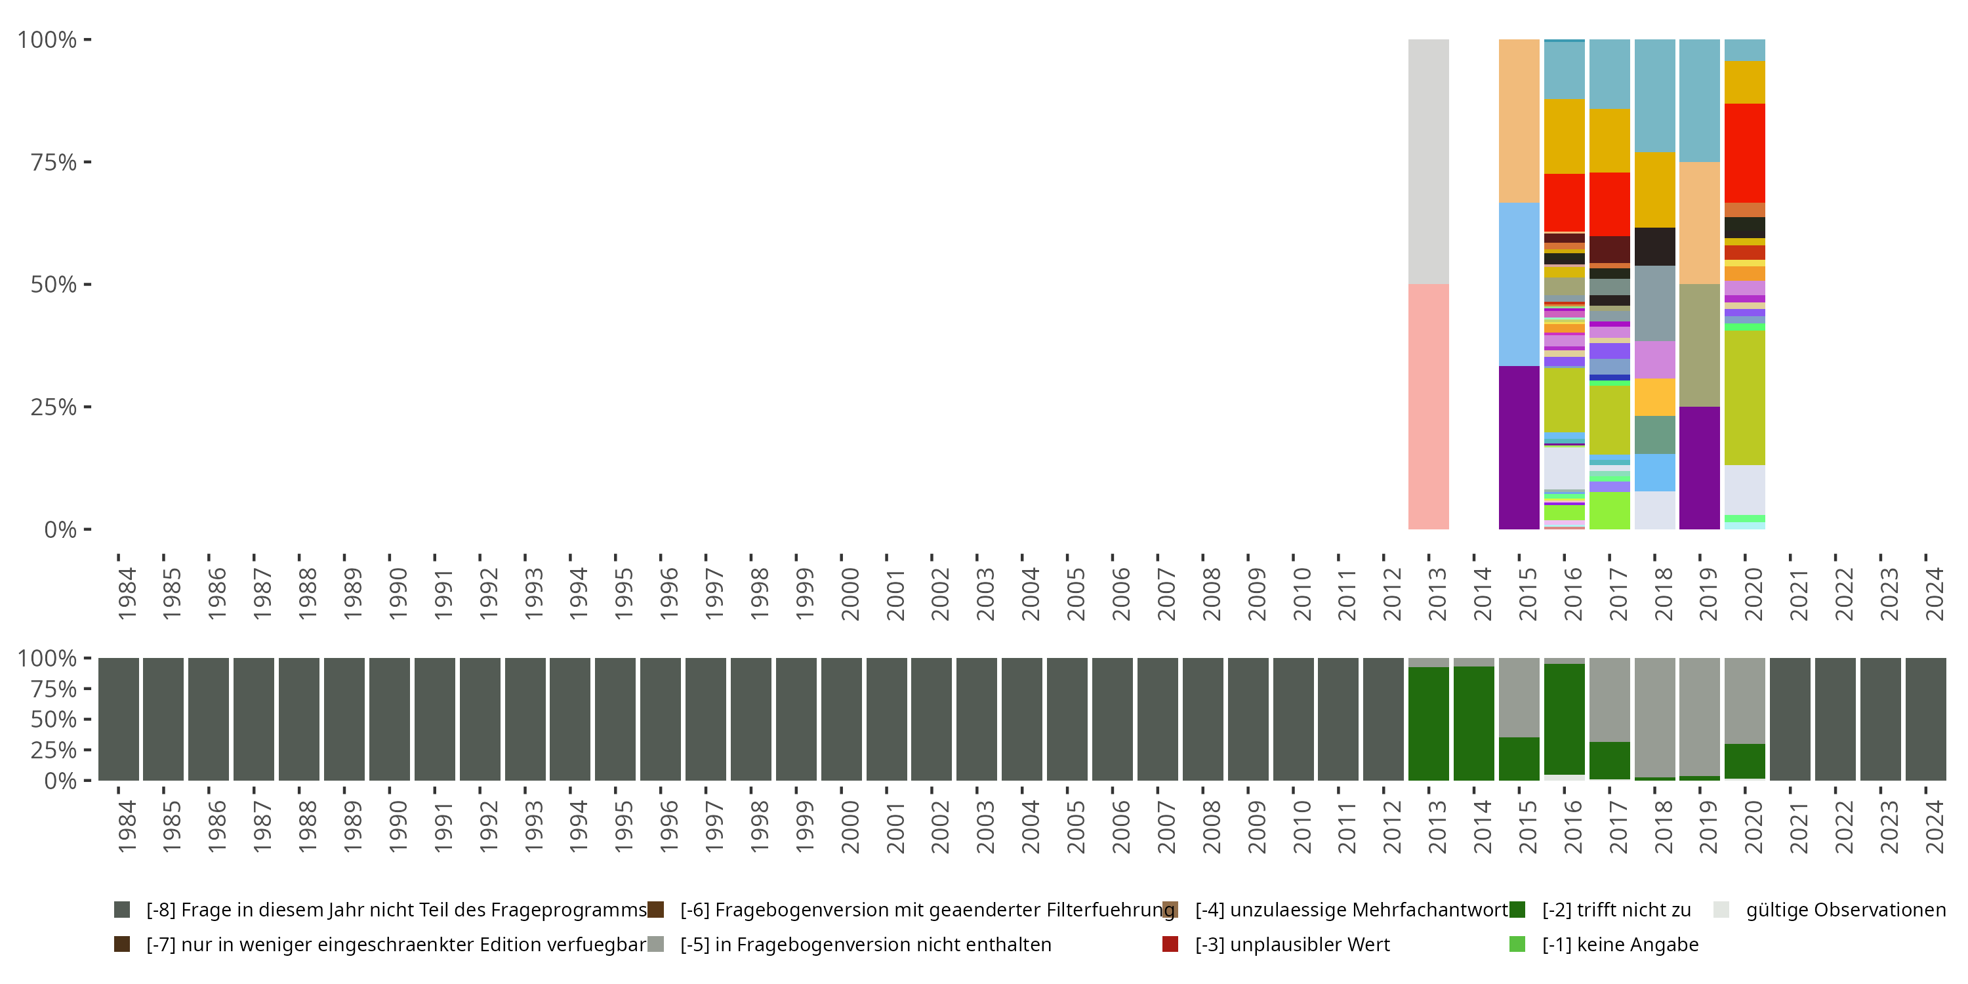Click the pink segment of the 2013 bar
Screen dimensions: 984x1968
click(x=1428, y=407)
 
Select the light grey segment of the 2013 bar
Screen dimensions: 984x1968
click(x=1428, y=161)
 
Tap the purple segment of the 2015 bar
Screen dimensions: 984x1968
click(x=1519, y=447)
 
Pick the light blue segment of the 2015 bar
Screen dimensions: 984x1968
click(x=1519, y=284)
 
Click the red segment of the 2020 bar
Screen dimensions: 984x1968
click(x=1744, y=153)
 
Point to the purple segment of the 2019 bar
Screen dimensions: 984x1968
click(x=1699, y=468)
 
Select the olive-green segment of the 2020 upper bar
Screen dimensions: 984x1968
click(x=1744, y=398)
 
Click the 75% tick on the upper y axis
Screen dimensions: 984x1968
click(x=87, y=162)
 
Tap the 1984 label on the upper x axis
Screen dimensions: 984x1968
click(x=127, y=594)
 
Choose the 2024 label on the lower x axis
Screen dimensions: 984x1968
click(x=1935, y=827)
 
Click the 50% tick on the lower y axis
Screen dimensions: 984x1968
click(x=87, y=719)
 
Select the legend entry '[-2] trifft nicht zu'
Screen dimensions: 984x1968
click(x=1616, y=910)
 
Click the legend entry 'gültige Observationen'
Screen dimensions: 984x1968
click(x=1845, y=910)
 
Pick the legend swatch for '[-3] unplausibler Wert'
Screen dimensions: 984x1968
click(x=1170, y=944)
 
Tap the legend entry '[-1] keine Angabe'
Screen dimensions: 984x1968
click(x=1620, y=944)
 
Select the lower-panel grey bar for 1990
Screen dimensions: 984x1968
click(x=389, y=719)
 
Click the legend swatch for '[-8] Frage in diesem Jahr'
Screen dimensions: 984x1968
click(x=121, y=910)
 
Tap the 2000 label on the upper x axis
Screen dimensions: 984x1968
click(x=850, y=594)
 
